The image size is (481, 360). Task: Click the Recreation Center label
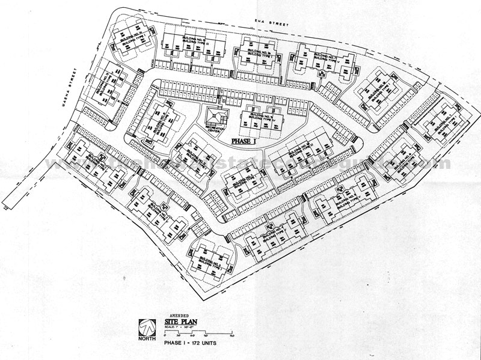(x=213, y=130)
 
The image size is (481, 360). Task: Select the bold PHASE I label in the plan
(x=248, y=139)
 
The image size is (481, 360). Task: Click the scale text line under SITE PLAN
(x=179, y=329)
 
